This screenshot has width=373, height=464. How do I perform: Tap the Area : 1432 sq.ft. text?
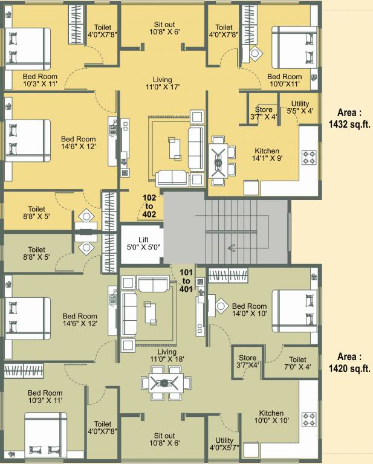coord(349,118)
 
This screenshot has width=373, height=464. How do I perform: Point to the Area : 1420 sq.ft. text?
coord(349,362)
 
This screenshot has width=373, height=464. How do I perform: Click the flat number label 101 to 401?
coord(186,280)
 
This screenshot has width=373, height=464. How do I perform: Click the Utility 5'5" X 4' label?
coord(300,108)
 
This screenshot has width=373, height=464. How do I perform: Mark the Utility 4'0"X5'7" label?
coord(224,444)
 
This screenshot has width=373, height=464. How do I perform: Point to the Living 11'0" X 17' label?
coord(162,84)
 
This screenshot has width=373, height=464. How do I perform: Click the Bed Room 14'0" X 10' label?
coord(249,310)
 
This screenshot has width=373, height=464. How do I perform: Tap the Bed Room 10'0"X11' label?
coord(284,81)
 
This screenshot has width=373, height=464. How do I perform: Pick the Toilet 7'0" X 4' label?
coord(297,363)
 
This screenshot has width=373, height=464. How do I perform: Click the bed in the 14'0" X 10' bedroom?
coord(295,312)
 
